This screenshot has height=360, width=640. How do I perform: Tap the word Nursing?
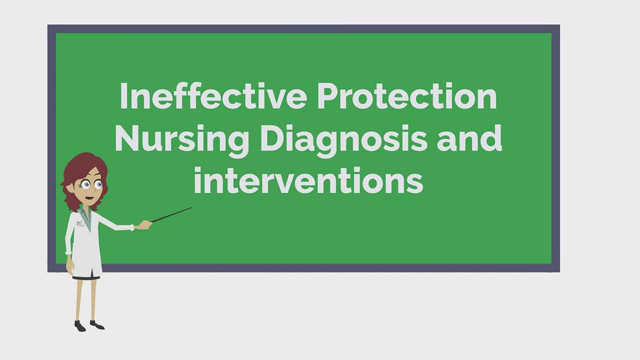pyautogui.click(x=182, y=139)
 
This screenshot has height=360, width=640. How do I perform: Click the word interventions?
pyautogui.click(x=308, y=181)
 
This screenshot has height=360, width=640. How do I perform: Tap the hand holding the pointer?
pyautogui.click(x=143, y=226)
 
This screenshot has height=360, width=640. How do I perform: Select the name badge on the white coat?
pyautogui.click(x=79, y=223)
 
